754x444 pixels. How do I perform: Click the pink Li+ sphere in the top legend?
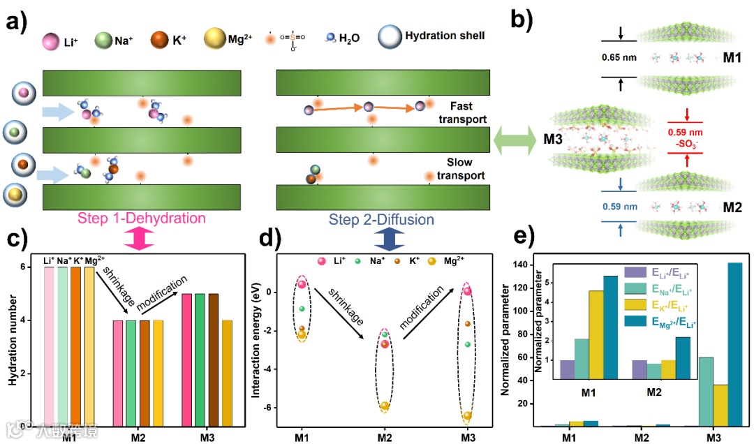51,40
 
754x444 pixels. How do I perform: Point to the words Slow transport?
461,169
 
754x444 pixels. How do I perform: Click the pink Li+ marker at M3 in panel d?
468,291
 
